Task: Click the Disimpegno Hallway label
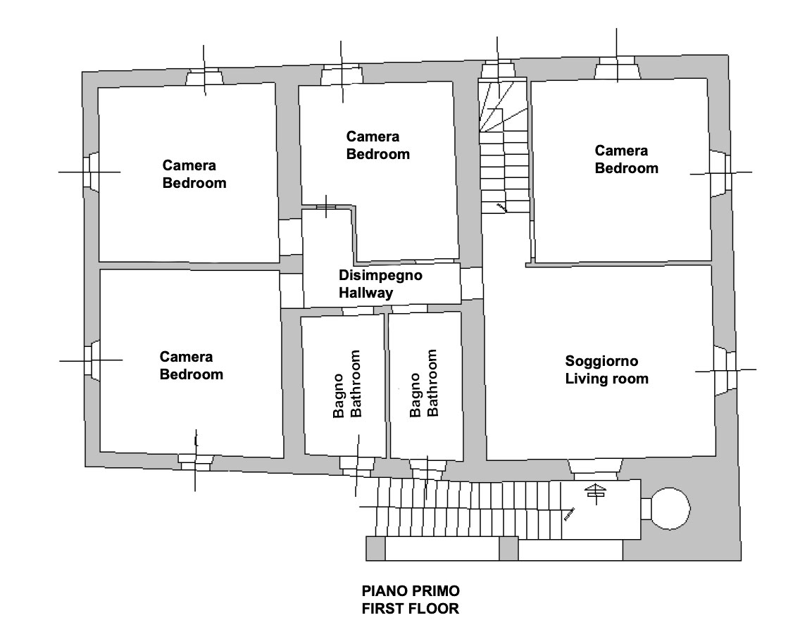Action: (380, 284)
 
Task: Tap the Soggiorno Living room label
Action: (606, 369)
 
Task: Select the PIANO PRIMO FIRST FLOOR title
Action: (411, 600)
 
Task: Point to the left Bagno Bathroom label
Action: (347, 384)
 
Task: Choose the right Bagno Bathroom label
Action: (424, 383)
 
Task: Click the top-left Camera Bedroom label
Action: (194, 174)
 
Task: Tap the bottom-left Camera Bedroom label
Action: (192, 365)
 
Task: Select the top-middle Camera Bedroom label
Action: (378, 145)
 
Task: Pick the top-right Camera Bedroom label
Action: (627, 159)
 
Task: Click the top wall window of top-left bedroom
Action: (204, 77)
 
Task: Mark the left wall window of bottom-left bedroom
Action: (92, 360)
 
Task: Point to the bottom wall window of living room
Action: (595, 469)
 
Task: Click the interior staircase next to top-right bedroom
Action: (504, 146)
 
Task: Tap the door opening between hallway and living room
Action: (472, 284)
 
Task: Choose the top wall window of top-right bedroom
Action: (617, 68)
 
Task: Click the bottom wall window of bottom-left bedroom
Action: (195, 462)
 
